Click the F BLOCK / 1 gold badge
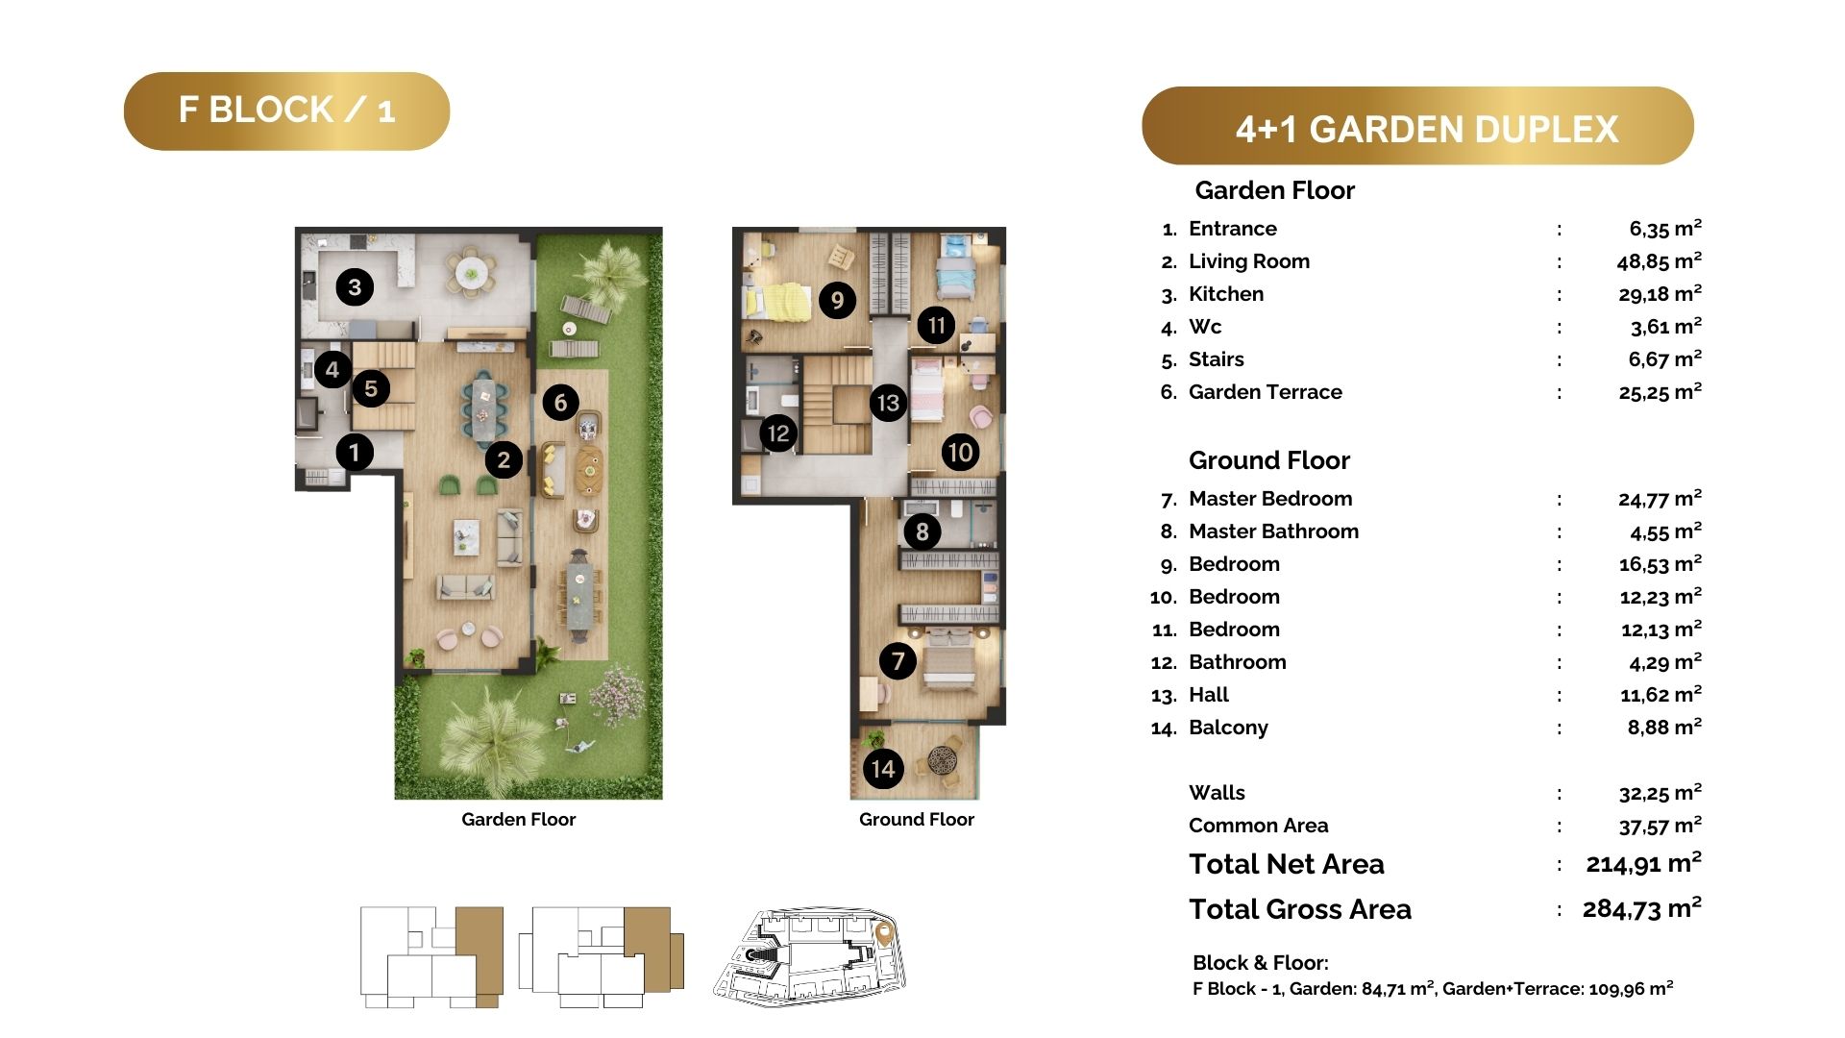pos(286,111)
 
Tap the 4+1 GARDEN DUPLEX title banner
pos(1417,126)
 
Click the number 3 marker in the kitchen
pos(355,286)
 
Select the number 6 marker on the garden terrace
pos(560,402)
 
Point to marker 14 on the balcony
pos(883,769)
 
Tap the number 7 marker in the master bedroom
pos(898,660)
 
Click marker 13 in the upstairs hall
pos(889,402)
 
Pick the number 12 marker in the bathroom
pos(778,433)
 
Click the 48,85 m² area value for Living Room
pos(1660,260)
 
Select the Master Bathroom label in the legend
pos(1273,531)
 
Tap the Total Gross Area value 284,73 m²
pos(1642,908)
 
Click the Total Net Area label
pos(1287,864)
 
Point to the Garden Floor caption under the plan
pos(519,820)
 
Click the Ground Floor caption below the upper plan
pos(917,820)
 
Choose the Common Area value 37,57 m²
pos(1660,826)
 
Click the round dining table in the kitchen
pos(472,272)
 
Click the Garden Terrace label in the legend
pos(1266,392)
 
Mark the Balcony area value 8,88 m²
pos(1664,728)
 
